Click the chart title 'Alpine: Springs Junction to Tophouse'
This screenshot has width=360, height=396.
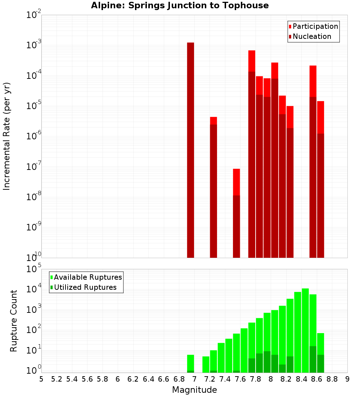[180, 5]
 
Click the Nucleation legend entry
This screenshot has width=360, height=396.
[311, 36]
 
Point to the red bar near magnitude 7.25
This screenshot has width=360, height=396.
[213, 187]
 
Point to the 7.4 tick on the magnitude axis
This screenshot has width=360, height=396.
[225, 379]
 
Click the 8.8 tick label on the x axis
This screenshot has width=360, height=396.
[332, 379]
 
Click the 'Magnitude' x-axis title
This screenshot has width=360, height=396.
[194, 390]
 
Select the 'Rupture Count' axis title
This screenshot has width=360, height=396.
[14, 320]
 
